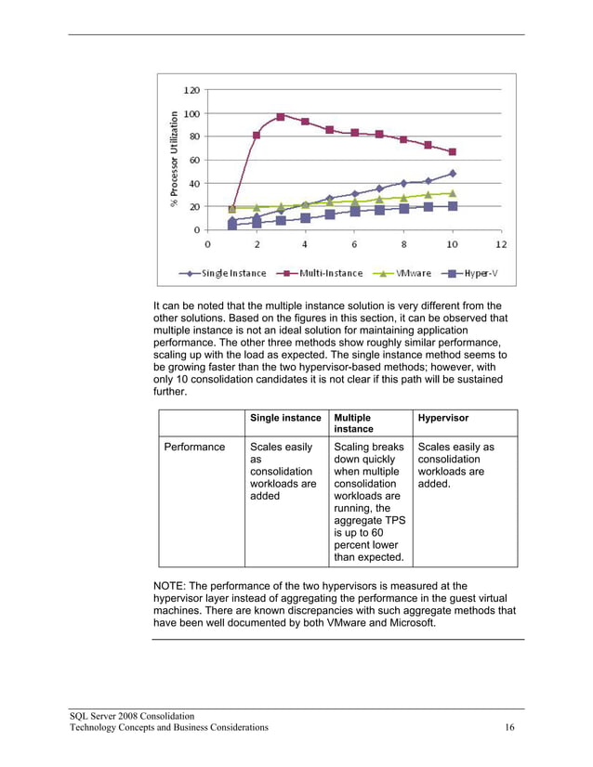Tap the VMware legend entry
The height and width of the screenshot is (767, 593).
coord(406,273)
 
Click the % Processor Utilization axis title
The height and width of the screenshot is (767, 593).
coord(174,159)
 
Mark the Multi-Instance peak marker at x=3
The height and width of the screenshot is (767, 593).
coord(281,117)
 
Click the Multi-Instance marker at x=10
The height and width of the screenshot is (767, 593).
coord(452,152)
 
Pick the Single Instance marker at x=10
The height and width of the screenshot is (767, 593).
coord(452,174)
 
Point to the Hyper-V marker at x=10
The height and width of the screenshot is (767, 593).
coord(452,206)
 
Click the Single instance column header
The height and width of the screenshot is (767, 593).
coord(285,419)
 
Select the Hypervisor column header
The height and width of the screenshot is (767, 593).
coord(443,419)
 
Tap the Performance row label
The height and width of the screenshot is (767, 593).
coord(194,448)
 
